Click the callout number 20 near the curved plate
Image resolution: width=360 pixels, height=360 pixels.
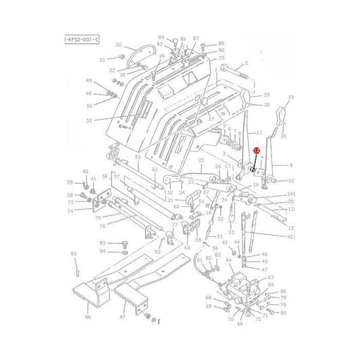(118, 45)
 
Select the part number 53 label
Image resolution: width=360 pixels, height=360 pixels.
(107, 121)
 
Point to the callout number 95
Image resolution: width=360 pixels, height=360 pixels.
(74, 253)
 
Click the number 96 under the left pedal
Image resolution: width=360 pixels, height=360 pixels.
(87, 316)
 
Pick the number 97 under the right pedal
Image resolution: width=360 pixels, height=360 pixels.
(122, 317)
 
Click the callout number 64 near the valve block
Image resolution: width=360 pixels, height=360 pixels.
(228, 259)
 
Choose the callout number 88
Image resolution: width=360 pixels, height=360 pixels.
(283, 313)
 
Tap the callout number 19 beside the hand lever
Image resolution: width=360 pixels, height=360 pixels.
(291, 99)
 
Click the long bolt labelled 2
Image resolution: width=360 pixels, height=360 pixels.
(226, 69)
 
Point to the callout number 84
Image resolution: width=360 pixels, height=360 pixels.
(161, 37)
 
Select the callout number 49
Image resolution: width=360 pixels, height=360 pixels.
(88, 81)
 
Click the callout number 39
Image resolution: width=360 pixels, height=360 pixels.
(70, 182)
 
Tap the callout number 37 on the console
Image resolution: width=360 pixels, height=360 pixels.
(211, 119)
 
